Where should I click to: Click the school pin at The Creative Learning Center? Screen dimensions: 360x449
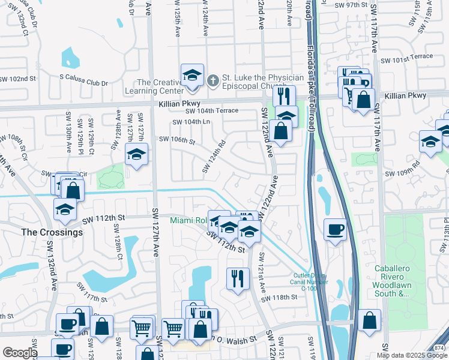coord(192,76)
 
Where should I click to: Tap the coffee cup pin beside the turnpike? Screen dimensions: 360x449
coord(335,229)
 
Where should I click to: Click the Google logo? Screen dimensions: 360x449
coord(19,353)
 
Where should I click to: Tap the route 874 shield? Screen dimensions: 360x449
coord(441,347)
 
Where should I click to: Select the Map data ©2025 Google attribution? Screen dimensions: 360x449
coord(411,355)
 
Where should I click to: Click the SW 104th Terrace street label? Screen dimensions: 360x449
coord(212,111)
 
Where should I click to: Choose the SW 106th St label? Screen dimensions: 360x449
coord(177,140)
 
